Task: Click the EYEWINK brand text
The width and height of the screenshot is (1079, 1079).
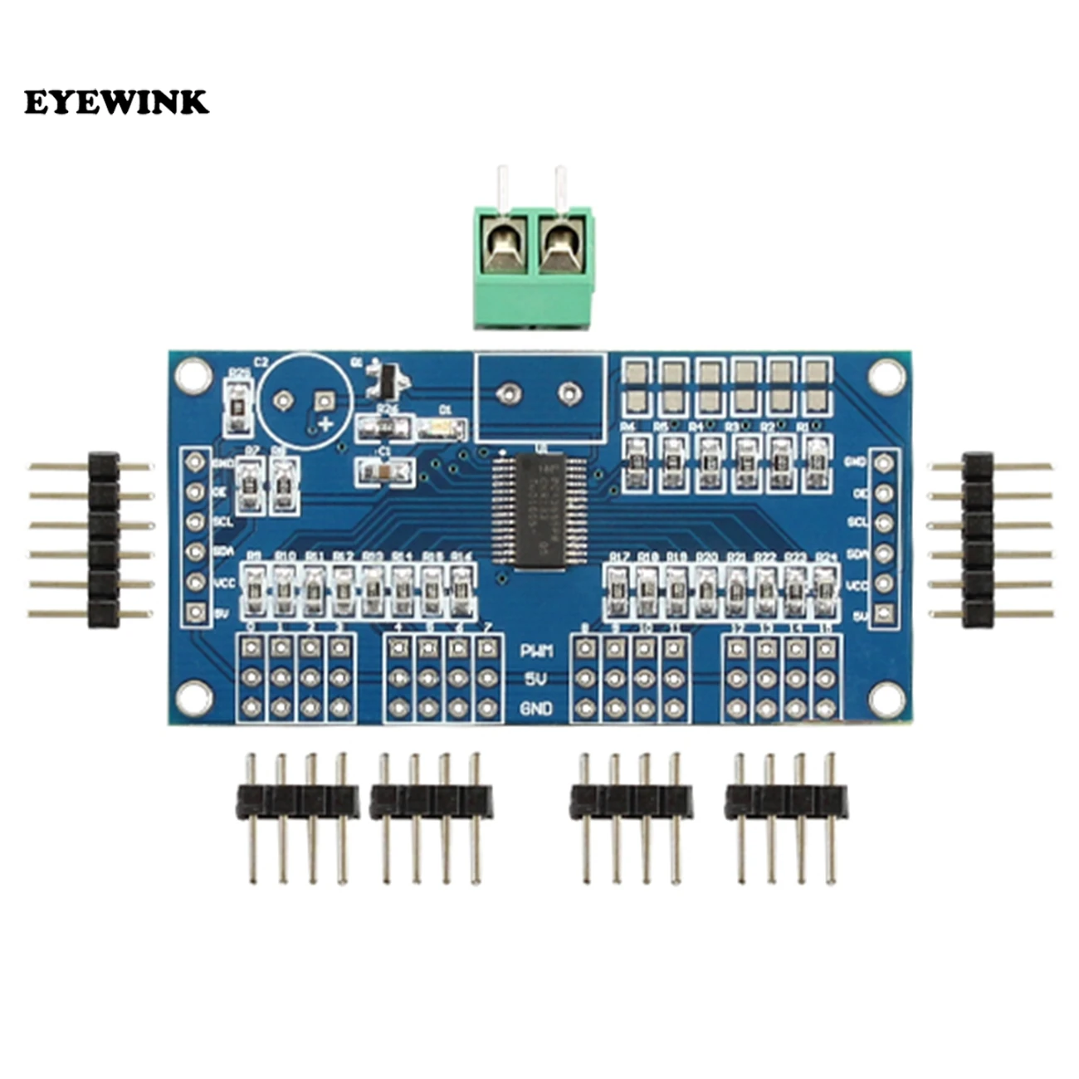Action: [116, 102]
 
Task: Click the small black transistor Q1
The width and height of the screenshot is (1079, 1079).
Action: [387, 381]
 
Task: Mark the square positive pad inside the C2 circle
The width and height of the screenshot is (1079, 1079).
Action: [321, 402]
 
